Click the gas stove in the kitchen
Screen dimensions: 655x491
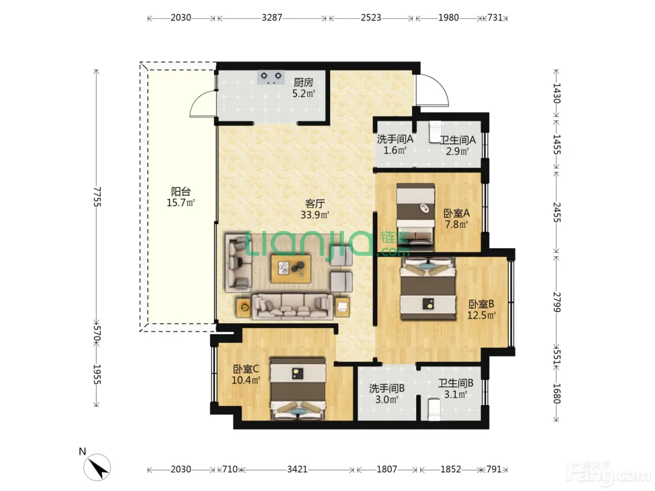point(270,77)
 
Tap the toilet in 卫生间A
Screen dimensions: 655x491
point(435,131)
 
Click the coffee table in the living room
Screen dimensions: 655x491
point(291,268)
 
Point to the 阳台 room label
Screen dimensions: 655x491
point(181,191)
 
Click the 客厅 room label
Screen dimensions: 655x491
point(315,204)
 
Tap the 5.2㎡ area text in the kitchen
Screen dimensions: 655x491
point(304,94)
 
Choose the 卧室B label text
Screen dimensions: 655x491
point(481,304)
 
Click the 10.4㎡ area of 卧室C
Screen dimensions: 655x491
point(246,380)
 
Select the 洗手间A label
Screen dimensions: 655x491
point(395,139)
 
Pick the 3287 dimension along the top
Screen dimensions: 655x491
point(272,18)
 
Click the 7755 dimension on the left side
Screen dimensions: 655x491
point(97,197)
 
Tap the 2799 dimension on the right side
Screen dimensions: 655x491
point(557,302)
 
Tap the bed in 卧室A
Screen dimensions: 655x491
point(415,217)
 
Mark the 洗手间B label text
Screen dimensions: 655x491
point(387,388)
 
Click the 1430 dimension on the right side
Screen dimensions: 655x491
point(557,94)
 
